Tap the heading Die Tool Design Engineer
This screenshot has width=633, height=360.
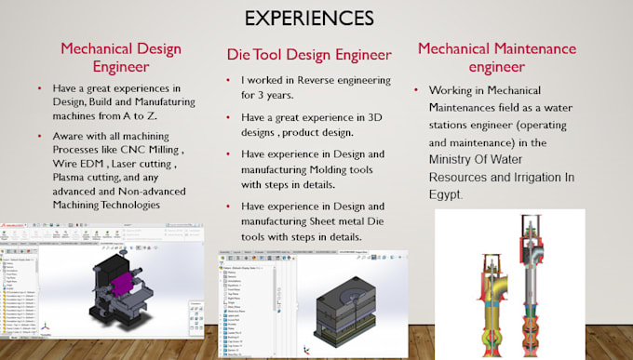click(308, 55)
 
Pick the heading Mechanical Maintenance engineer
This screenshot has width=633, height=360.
click(509, 58)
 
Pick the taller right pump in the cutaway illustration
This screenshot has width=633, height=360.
click(533, 279)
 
